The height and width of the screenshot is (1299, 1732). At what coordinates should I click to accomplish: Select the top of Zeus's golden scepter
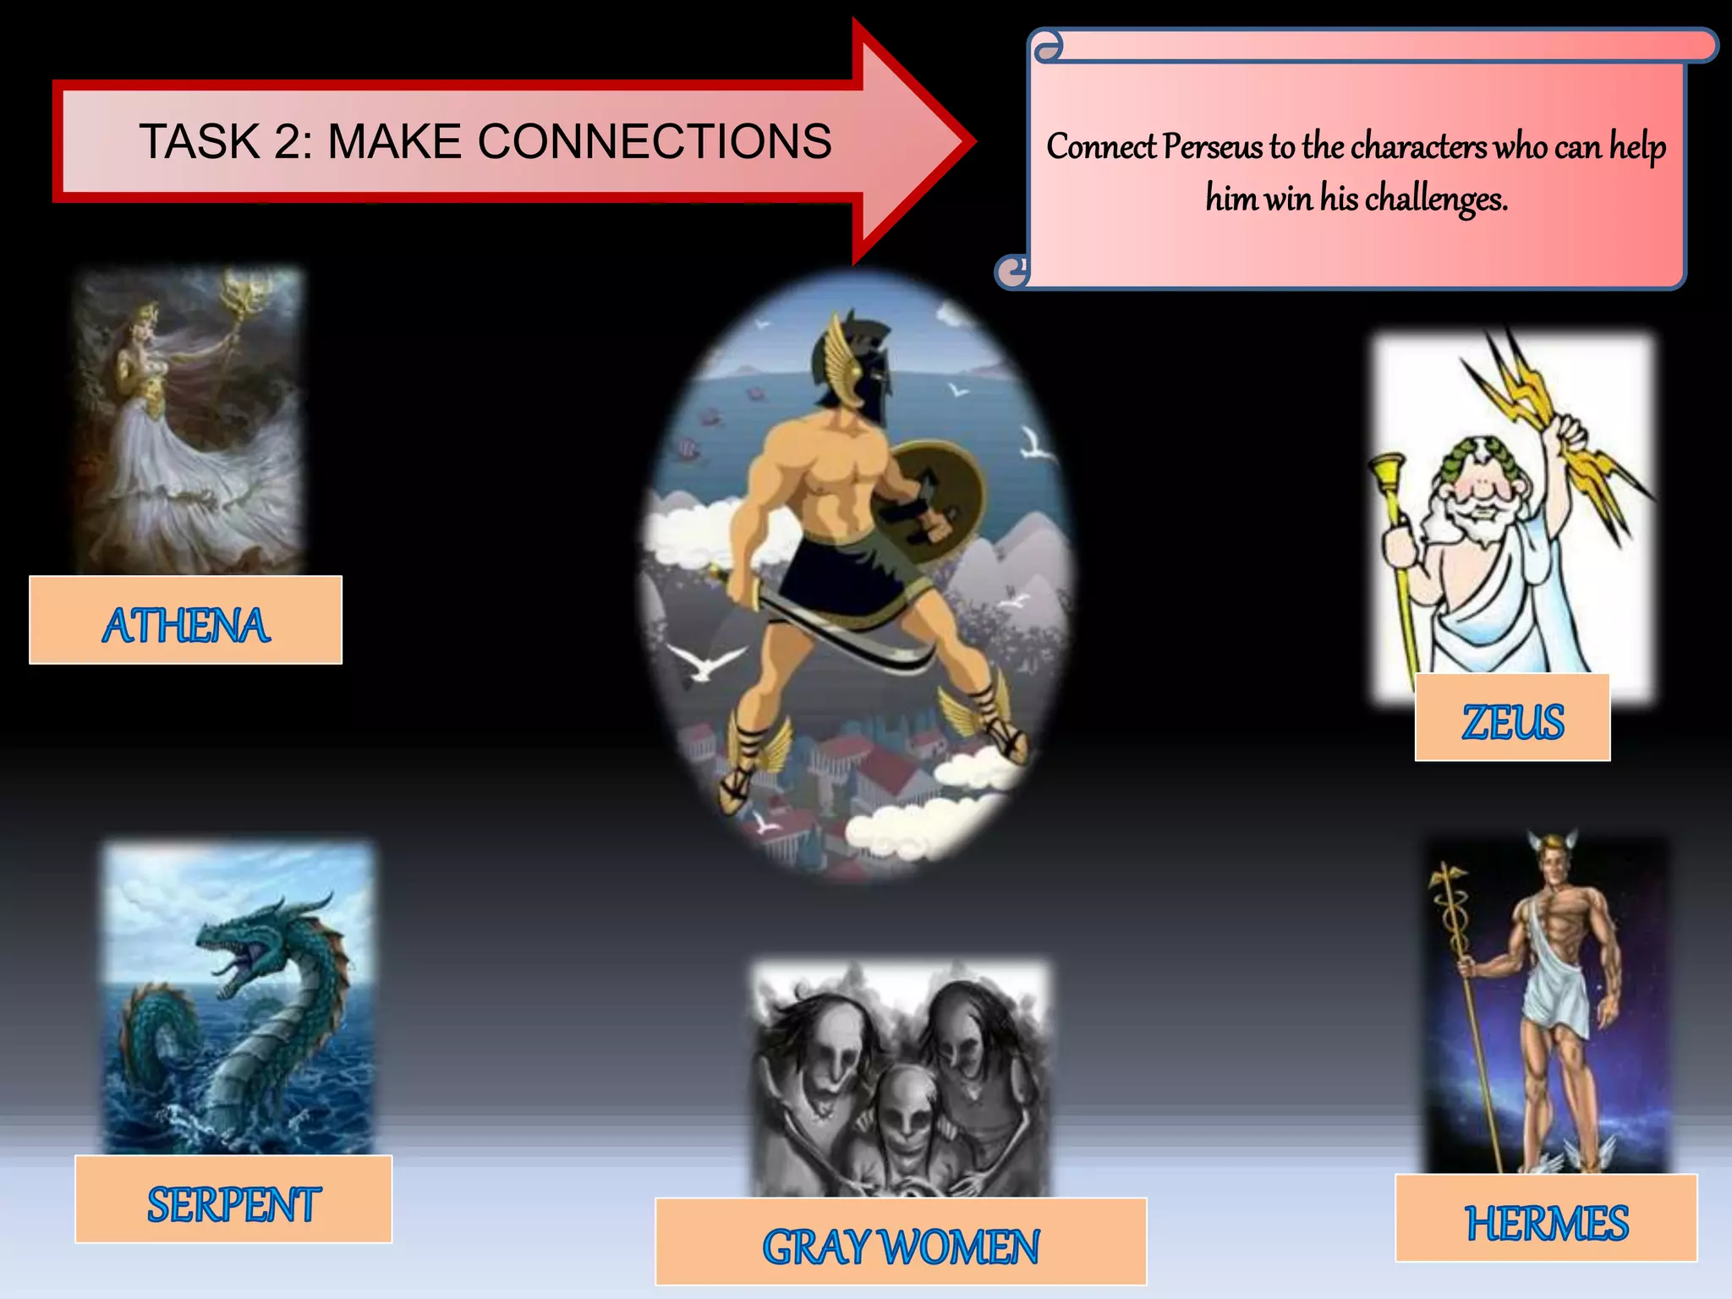click(x=1387, y=469)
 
